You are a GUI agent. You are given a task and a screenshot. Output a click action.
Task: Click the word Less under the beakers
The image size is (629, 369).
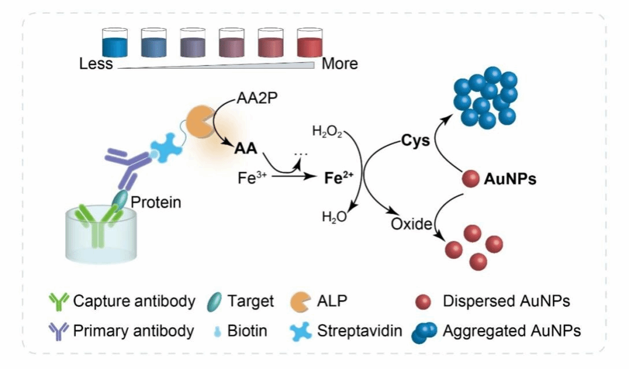(x=96, y=63)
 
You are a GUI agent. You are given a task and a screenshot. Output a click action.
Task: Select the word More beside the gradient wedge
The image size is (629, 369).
(x=339, y=63)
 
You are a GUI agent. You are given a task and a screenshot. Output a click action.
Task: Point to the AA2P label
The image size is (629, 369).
(x=257, y=98)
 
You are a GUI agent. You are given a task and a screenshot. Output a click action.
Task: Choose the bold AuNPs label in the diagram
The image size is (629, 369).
(x=510, y=180)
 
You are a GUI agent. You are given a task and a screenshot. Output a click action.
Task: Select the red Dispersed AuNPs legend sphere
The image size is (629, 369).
(x=424, y=301)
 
